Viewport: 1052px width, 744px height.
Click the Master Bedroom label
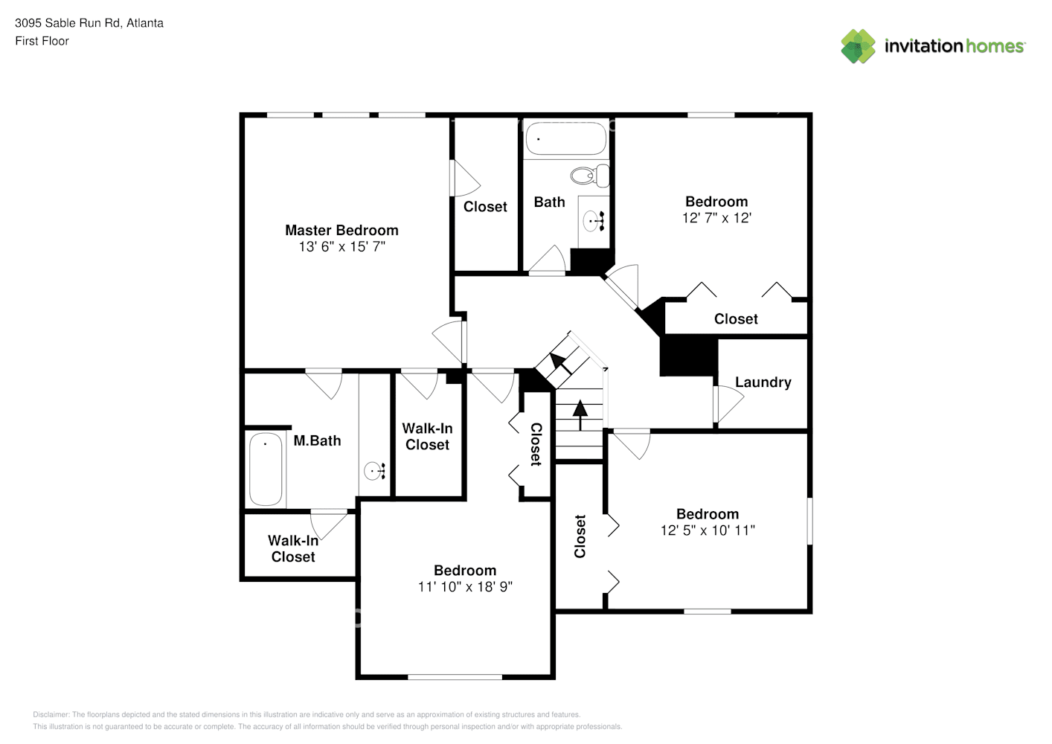341,230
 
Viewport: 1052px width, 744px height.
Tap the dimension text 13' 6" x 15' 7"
342,246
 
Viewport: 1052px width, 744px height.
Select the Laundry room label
763,382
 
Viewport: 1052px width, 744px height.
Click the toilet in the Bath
590,176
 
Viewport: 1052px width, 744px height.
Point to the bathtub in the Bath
566,138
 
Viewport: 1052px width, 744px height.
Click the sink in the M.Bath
374,471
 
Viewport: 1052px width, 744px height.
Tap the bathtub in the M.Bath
266,469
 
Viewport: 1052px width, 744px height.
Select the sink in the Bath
593,220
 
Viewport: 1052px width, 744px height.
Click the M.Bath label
317,440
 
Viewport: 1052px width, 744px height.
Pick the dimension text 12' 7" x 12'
716,218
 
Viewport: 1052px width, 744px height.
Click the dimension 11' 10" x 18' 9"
465,587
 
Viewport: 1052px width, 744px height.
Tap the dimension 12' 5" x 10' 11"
708,530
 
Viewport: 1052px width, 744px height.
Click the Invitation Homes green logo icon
858,46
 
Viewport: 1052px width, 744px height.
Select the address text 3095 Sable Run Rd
68,23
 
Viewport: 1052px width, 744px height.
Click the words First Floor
42,42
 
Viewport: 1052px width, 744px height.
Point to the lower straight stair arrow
580,415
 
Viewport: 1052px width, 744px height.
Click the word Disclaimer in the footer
51,714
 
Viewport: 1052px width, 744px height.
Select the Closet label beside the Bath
485,207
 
